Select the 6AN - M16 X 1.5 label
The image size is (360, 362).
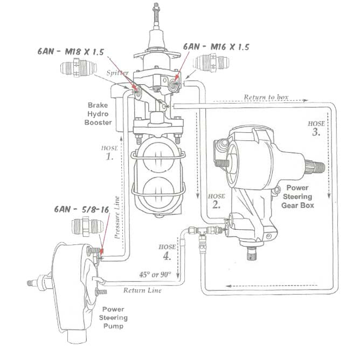click(x=216, y=47)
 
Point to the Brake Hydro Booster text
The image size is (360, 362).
click(x=100, y=114)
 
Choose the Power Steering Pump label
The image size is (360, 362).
click(x=114, y=318)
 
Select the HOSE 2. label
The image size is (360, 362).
click(x=216, y=201)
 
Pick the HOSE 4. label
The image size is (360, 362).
click(x=168, y=251)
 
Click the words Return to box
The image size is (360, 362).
click(x=266, y=97)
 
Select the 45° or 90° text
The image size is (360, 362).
click(x=155, y=274)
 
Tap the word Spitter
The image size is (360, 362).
click(x=117, y=72)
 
